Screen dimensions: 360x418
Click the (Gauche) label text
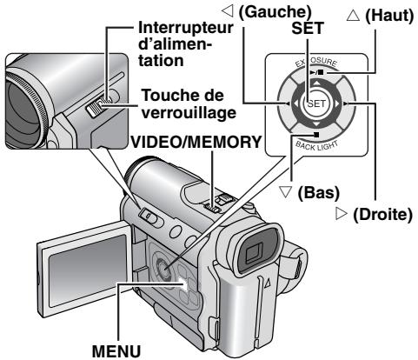pos(240,11)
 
